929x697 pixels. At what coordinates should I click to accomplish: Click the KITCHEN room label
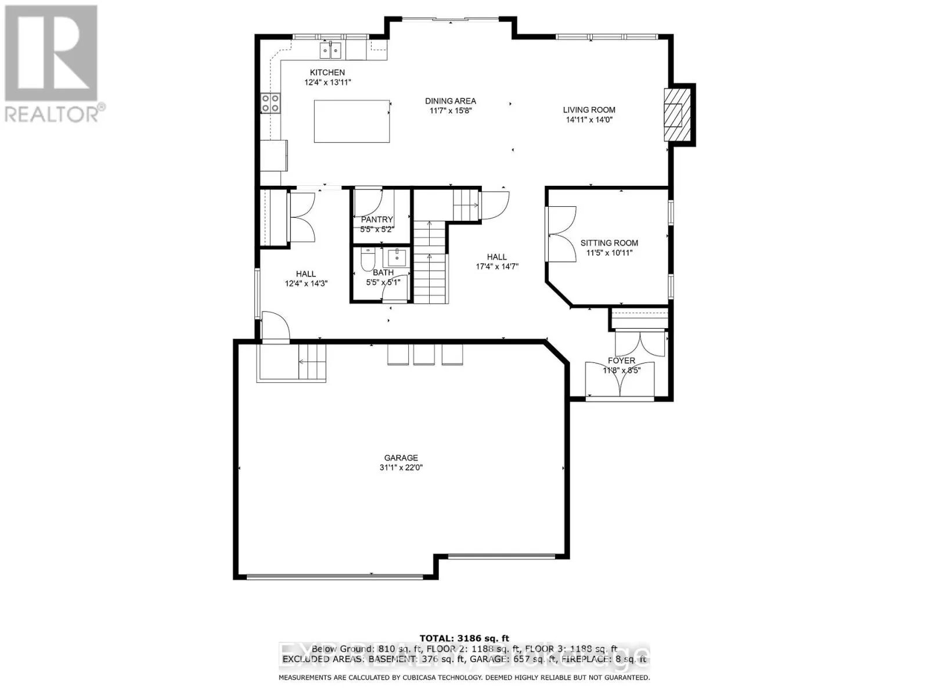(327, 73)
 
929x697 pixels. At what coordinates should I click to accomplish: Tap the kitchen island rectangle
(352, 121)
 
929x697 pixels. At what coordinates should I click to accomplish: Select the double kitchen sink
(331, 51)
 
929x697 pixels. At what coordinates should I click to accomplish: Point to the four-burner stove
(270, 103)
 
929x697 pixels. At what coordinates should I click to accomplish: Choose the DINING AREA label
(450, 101)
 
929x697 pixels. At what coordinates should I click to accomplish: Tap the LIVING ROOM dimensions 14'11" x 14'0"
(589, 120)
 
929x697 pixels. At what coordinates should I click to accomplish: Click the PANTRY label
(377, 220)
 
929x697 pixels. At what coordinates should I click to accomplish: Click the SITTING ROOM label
(609, 243)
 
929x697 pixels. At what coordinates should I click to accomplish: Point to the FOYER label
(621, 361)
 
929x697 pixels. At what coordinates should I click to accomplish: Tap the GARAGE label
(401, 458)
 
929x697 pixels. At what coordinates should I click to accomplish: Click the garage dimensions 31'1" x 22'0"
(401, 468)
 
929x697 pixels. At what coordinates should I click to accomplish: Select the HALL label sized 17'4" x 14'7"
(496, 257)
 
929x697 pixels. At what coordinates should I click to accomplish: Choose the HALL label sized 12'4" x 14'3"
(306, 274)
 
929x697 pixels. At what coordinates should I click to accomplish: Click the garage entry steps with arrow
(311, 362)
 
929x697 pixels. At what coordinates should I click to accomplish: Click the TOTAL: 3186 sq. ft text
(464, 639)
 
